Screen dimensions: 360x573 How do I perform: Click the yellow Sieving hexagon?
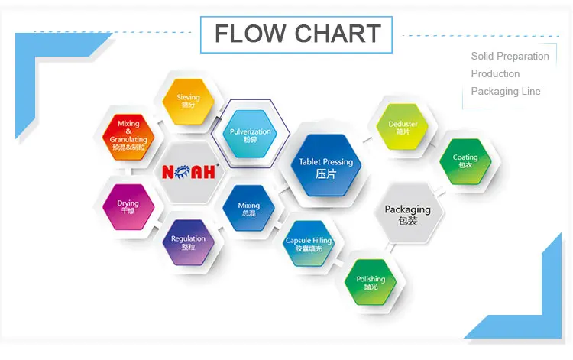187,101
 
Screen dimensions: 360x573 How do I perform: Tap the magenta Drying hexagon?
128,206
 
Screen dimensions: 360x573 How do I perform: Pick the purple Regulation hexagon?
187,243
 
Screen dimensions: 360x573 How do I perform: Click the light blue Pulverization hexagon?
250,135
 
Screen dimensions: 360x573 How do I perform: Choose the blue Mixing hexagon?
249,209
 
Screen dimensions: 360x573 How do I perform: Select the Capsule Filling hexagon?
309,245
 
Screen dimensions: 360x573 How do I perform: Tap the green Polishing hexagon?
371,283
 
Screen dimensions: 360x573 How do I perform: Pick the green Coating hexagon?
465,161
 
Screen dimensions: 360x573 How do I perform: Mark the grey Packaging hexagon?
407,214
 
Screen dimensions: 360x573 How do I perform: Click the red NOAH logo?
190,172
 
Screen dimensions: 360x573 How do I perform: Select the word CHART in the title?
338,34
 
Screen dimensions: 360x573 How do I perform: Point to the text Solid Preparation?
510,56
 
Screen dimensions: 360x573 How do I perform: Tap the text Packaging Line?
505,91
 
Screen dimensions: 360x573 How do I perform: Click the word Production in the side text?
495,73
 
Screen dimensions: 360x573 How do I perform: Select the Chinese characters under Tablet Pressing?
326,174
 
